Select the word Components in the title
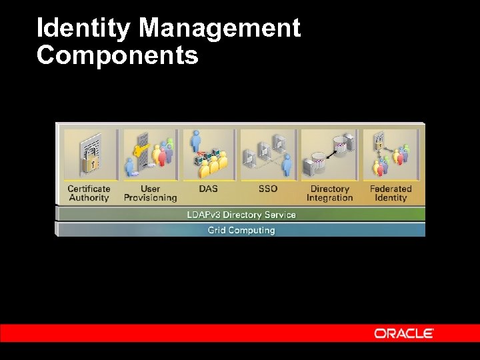(117, 55)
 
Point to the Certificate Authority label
(89, 193)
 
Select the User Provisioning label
(150, 193)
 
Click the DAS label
(208, 189)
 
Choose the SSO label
(267, 189)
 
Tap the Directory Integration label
(329, 193)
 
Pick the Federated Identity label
(391, 193)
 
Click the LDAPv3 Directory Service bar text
(241, 215)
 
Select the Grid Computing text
(241, 231)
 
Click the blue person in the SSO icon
(287, 163)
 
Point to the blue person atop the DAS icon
(196, 140)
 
